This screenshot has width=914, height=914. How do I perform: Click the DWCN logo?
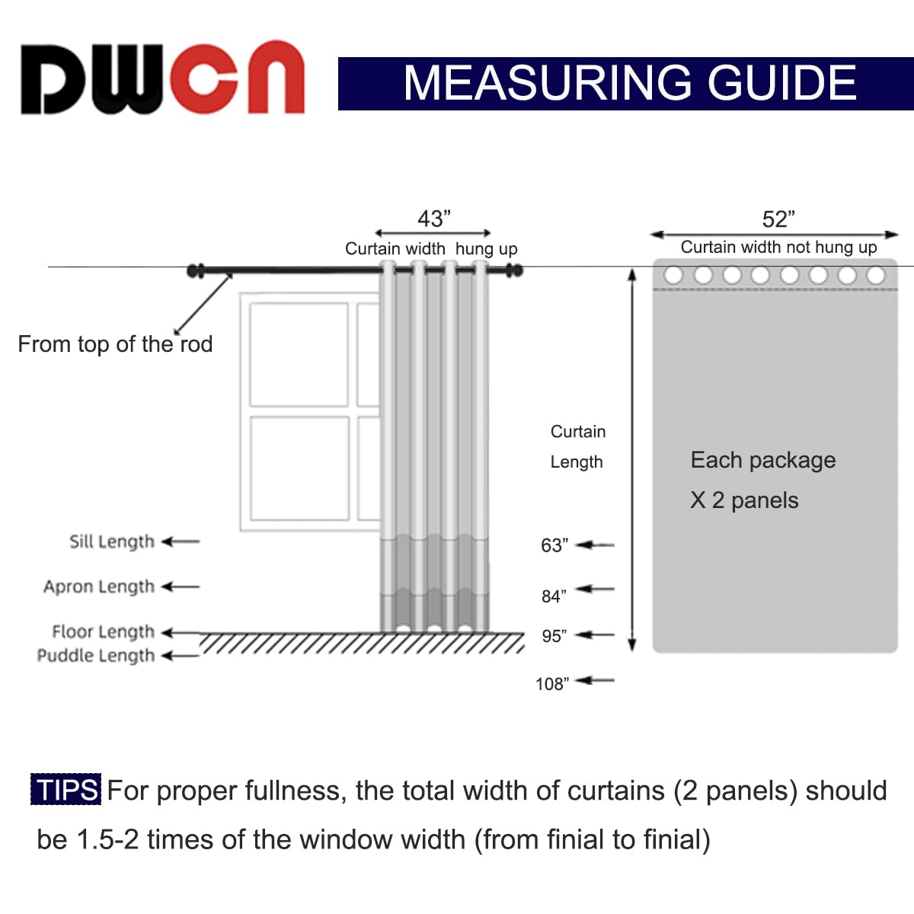[162, 78]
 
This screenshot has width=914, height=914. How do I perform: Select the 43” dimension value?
[434, 219]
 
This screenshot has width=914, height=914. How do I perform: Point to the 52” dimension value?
[778, 219]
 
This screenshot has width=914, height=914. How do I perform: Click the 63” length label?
[554, 545]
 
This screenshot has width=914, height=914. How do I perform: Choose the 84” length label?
[554, 596]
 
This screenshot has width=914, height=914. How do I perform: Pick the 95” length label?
[554, 636]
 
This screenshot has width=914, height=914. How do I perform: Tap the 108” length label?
[551, 684]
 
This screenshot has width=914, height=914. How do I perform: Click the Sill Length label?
[112, 542]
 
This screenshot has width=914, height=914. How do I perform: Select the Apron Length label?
[99, 586]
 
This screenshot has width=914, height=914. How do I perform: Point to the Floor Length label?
[103, 631]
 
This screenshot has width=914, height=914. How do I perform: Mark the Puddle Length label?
[96, 656]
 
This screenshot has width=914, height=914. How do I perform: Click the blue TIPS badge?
[66, 790]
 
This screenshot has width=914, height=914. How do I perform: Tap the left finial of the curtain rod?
[196, 270]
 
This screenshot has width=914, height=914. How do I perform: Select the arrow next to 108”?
[595, 680]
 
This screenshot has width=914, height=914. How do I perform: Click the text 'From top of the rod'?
[115, 344]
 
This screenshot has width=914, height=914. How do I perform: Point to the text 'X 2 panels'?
[744, 500]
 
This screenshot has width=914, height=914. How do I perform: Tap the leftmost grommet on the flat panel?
[673, 275]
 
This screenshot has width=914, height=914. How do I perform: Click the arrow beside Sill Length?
[181, 542]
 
